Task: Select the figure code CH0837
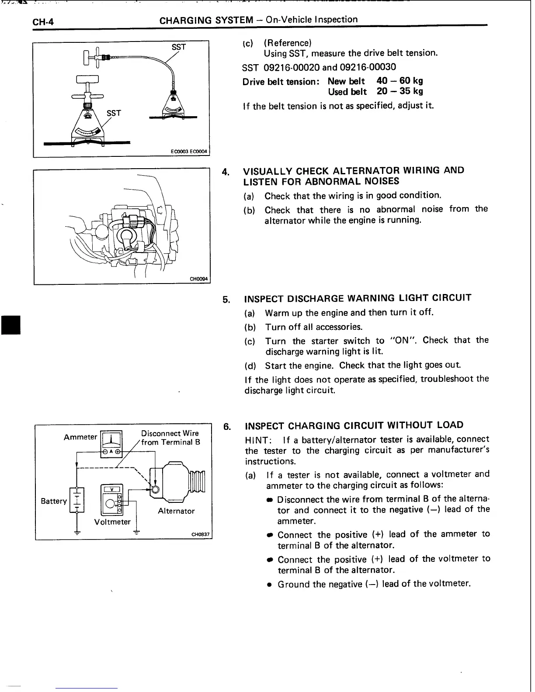(x=200, y=534)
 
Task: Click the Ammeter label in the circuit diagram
(x=80, y=437)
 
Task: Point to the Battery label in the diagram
(x=54, y=501)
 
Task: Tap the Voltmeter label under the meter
(x=112, y=522)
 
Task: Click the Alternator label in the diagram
(x=176, y=511)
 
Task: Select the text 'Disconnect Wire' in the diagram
(x=170, y=433)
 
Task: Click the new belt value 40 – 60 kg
(x=400, y=81)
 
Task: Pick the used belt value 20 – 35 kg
(x=400, y=91)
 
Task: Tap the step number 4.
(x=226, y=172)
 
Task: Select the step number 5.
(x=226, y=300)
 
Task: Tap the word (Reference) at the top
(x=288, y=43)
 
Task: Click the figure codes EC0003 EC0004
(x=191, y=152)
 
